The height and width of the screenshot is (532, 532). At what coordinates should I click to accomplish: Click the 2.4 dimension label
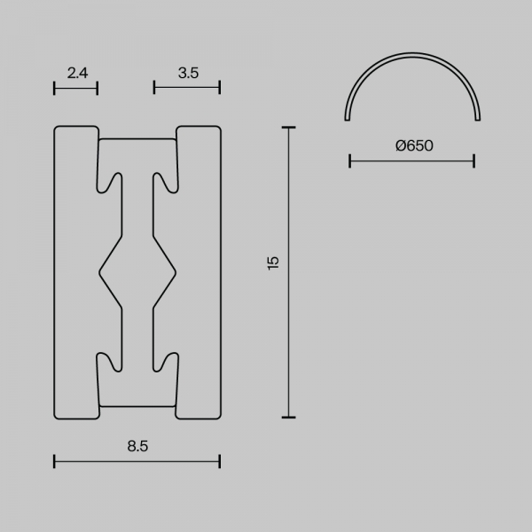pyautogui.click(x=77, y=73)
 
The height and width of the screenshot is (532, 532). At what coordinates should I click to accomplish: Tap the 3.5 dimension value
pyautogui.click(x=188, y=73)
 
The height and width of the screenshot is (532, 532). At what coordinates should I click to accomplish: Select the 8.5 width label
pyautogui.click(x=137, y=446)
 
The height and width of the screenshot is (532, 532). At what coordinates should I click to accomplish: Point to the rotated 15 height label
pyautogui.click(x=273, y=263)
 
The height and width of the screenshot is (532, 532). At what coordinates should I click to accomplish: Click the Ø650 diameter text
pyautogui.click(x=414, y=145)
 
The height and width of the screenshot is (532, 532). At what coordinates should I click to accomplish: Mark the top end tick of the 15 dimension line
pyautogui.click(x=289, y=128)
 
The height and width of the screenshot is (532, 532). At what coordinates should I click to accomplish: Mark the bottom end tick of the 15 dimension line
pyautogui.click(x=289, y=417)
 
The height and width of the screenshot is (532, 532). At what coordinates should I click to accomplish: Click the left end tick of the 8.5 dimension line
pyautogui.click(x=54, y=461)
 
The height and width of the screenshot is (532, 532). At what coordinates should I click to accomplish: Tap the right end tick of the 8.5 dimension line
pyautogui.click(x=220, y=461)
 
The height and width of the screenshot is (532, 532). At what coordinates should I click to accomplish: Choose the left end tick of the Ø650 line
pyautogui.click(x=350, y=160)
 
